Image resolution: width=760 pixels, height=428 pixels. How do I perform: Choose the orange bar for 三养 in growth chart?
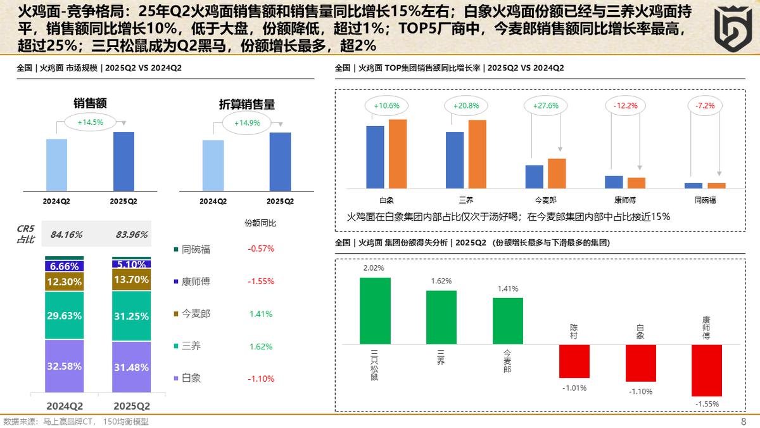point(477,153)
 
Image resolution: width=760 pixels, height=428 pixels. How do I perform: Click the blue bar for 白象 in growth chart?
point(375,157)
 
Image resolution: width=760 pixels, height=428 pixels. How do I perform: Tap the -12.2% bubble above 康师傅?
point(625,106)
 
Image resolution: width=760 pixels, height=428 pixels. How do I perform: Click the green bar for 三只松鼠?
point(375,311)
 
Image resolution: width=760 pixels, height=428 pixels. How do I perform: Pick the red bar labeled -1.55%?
point(706,370)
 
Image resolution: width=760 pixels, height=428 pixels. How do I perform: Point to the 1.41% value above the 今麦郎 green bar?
point(507,289)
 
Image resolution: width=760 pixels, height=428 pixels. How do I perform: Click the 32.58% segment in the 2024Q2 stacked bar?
point(64,366)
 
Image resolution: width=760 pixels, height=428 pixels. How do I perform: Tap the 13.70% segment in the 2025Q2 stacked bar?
point(132,280)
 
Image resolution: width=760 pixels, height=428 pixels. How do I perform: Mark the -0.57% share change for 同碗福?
point(260,249)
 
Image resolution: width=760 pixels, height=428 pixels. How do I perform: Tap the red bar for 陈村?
point(574,363)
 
